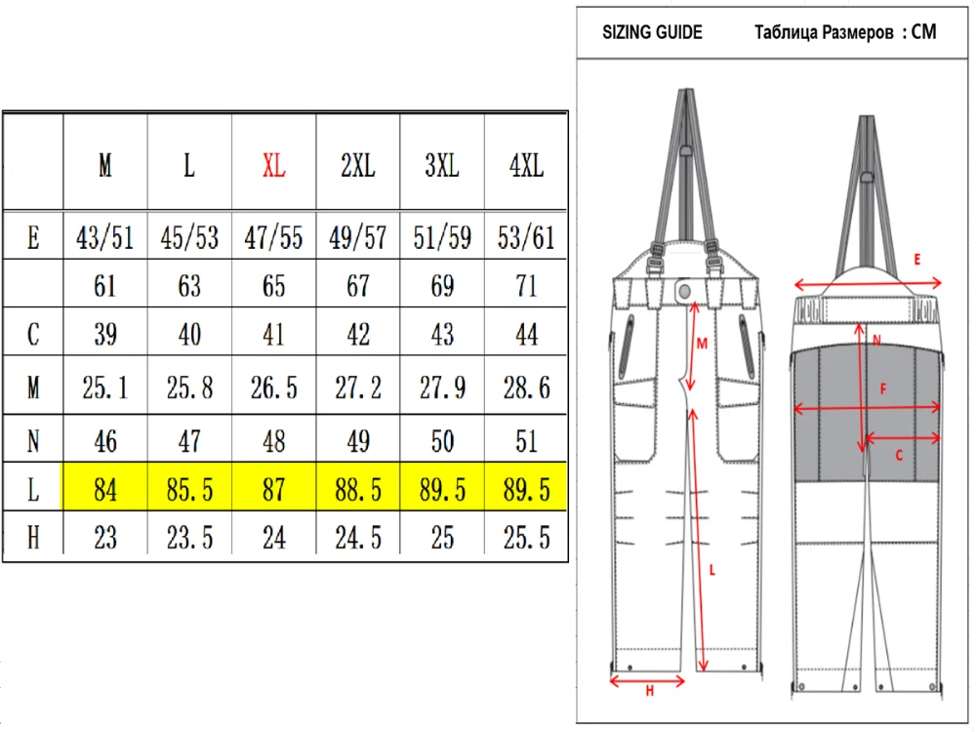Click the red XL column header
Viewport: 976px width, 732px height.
pos(274,166)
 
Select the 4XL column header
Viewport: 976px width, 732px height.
pos(527,166)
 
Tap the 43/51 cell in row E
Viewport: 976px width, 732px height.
pos(105,238)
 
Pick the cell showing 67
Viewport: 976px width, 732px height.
pos(358,286)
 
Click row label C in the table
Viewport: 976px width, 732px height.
pos(33,334)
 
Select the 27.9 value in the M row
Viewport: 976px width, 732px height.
pos(442,387)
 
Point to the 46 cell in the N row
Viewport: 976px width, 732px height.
pos(105,441)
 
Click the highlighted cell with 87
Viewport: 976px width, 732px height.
pos(274,490)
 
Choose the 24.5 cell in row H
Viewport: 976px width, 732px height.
pos(358,538)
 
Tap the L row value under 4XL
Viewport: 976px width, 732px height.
pos(527,490)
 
